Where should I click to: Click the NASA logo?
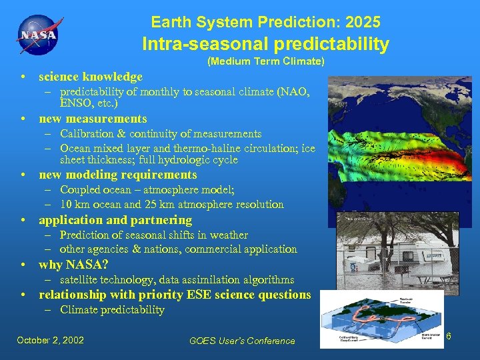(37, 35)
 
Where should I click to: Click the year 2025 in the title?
(363, 23)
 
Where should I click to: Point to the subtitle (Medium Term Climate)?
(266, 62)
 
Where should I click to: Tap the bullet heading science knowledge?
(91, 77)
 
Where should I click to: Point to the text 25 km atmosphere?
(195, 205)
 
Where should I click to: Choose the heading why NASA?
(73, 265)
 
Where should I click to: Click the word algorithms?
(265, 280)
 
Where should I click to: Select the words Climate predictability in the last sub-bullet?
(112, 310)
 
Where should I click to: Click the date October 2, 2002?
(50, 340)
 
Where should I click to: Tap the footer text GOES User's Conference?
(242, 341)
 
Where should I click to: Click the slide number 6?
(449, 337)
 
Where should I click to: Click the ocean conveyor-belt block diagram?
(381, 319)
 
